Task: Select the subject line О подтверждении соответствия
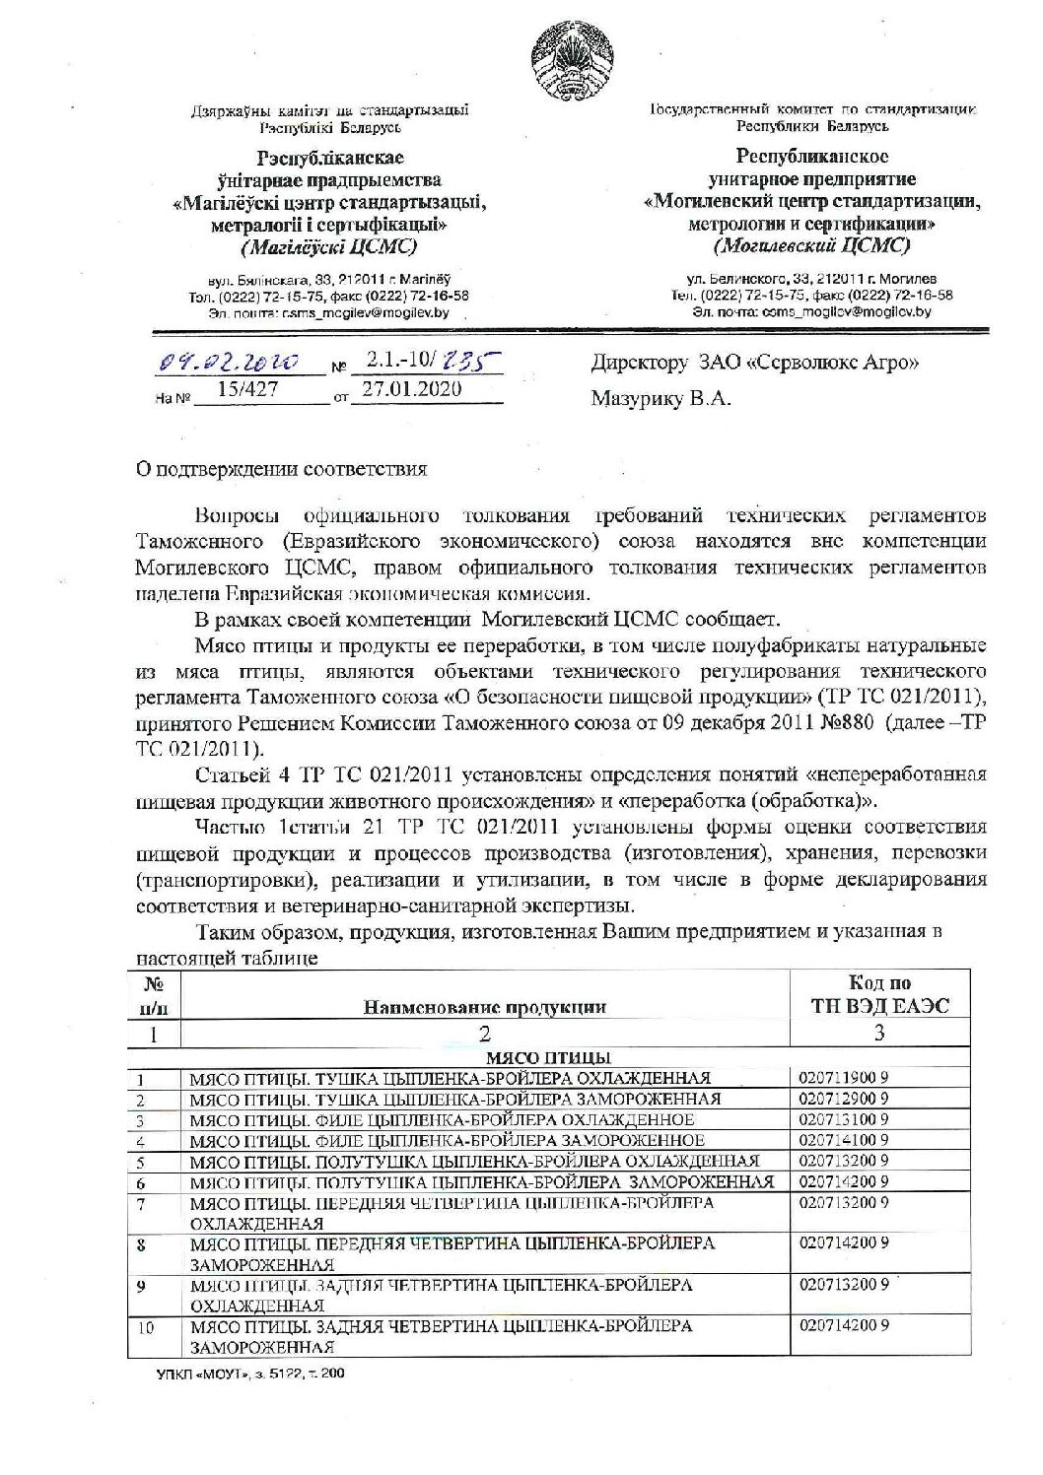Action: coord(281,469)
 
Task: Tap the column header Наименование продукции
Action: coord(484,1006)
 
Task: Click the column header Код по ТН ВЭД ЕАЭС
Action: coord(879,994)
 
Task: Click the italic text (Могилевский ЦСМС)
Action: coord(813,245)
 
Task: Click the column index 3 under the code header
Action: coord(880,1033)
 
